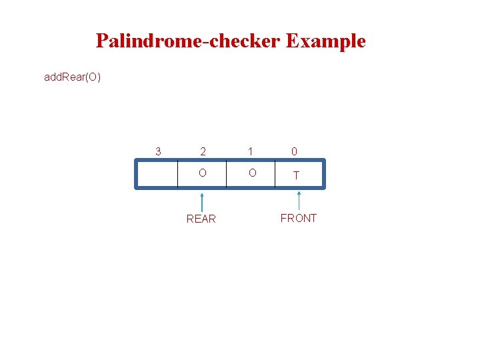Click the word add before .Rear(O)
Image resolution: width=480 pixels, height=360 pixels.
tap(53, 77)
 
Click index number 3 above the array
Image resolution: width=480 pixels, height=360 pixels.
tap(157, 151)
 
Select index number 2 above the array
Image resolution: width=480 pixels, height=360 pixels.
tap(201, 151)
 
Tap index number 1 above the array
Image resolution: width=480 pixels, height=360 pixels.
tap(251, 151)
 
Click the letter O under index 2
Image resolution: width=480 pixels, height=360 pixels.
tap(201, 173)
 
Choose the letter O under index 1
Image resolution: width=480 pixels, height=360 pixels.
tap(251, 173)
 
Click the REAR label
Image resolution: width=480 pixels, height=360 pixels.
tap(201, 219)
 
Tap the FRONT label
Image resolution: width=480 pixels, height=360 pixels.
tap(299, 218)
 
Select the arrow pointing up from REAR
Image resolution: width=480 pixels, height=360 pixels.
tap(201, 201)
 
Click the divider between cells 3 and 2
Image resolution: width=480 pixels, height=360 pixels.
tap(178, 174)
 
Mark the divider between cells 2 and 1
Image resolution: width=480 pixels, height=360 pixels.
tap(227, 174)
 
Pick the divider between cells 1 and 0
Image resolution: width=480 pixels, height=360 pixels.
tap(275, 174)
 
